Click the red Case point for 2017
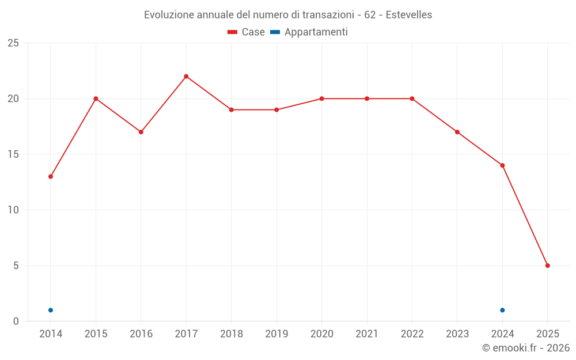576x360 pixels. tap(186, 77)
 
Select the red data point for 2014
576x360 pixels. tap(51, 176)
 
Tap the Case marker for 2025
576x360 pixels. tap(547, 266)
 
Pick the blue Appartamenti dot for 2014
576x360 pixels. tap(51, 310)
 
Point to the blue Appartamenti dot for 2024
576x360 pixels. tap(502, 310)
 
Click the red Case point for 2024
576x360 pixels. tap(502, 165)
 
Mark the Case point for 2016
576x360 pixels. tap(141, 132)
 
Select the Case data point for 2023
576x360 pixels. tap(457, 132)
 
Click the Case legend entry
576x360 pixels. tap(246, 32)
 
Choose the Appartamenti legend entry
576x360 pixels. tap(309, 32)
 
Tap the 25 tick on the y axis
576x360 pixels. tap(13, 43)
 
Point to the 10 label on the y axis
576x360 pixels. tap(13, 210)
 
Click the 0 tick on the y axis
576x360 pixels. tap(16, 321)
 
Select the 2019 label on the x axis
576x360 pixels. tap(276, 334)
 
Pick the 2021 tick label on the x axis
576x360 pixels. tap(367, 334)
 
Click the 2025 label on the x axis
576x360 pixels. tap(547, 334)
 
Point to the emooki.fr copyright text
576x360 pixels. tap(525, 348)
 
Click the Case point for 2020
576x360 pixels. tap(321, 98)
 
